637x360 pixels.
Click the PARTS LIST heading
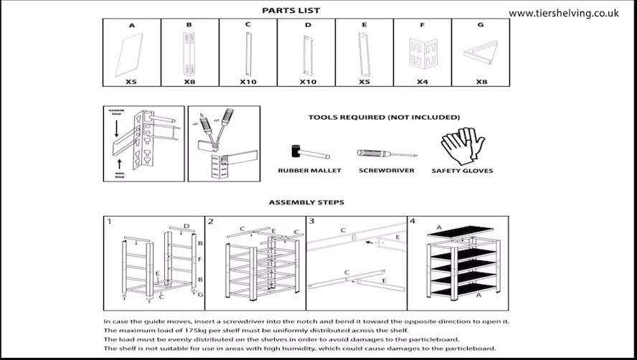291,10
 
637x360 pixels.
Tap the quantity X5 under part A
131,82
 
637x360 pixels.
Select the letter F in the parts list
423,25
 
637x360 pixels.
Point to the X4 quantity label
423,82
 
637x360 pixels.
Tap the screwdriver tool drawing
387,153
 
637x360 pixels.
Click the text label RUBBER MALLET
310,171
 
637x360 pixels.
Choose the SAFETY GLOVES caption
462,171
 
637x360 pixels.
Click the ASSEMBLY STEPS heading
306,202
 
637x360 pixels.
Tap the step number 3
312,222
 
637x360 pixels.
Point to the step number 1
109,222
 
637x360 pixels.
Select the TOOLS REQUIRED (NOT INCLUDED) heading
384,117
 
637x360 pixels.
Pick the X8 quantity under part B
189,82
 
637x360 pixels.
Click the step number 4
412,222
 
